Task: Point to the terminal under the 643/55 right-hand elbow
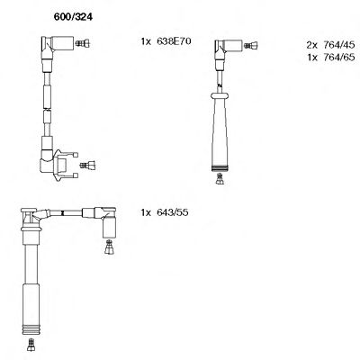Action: [108, 245]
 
